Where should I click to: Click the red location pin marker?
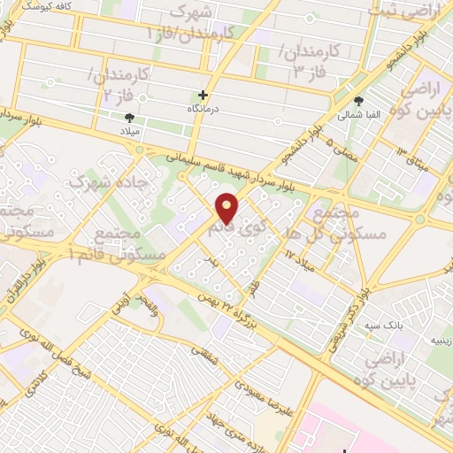point(227,207)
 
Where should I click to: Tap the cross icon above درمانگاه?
point(204,94)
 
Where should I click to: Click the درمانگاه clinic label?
point(204,107)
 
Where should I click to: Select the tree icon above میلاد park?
point(130,117)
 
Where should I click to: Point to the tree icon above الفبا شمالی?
point(358,101)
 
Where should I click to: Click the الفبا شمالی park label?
point(357,114)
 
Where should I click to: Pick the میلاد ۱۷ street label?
point(299,256)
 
